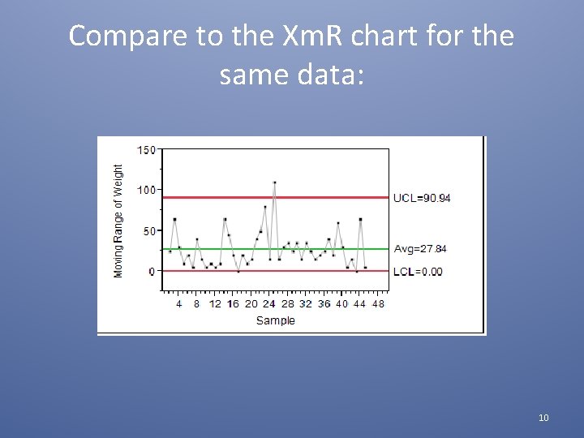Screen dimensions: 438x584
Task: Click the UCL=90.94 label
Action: tap(422, 198)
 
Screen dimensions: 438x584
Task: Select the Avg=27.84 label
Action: tap(420, 249)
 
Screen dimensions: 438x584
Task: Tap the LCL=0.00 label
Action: tap(418, 272)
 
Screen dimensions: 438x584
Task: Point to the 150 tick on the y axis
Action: tap(147, 150)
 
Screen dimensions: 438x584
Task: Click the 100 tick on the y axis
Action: tap(147, 190)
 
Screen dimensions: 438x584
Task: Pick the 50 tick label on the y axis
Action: tap(149, 231)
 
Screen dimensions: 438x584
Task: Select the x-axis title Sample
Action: tap(276, 320)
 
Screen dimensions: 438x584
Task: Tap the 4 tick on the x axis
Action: tap(179, 304)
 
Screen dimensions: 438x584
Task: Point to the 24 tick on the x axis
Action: tap(269, 304)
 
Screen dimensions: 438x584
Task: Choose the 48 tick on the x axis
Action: tap(378, 304)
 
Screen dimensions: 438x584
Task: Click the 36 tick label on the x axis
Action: tap(324, 304)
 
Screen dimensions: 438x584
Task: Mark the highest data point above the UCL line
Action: tap(274, 182)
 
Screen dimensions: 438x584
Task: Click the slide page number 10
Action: tap(543, 418)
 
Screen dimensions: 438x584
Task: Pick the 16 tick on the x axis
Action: tap(233, 304)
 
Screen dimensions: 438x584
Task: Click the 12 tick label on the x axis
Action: tap(215, 304)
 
